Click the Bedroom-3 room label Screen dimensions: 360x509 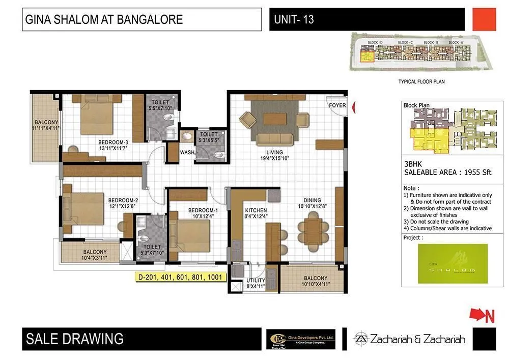(x=114, y=142)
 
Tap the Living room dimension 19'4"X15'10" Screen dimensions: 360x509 (x=270, y=158)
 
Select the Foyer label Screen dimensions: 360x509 (x=337, y=105)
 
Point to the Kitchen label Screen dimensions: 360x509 (x=256, y=210)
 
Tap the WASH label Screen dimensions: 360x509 (x=186, y=152)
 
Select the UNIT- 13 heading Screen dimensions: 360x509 (x=294, y=20)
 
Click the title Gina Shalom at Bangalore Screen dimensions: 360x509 (x=104, y=20)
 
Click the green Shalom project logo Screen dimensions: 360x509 (x=452, y=263)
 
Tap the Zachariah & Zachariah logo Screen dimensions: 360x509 (x=410, y=339)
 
